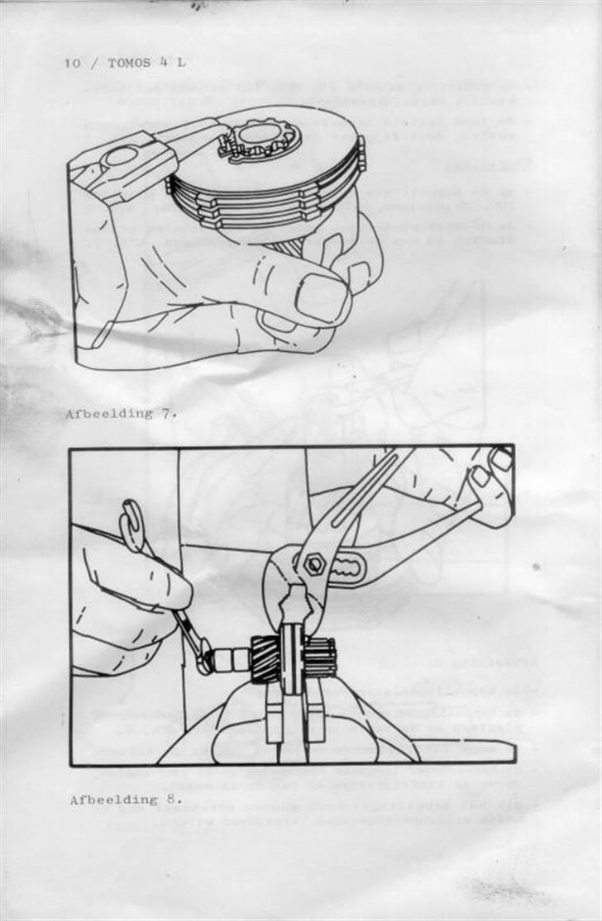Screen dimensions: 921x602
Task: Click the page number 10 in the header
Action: pyautogui.click(x=71, y=64)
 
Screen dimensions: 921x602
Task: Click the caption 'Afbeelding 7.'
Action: pyautogui.click(x=121, y=414)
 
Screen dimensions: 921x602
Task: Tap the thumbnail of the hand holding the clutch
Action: pyautogui.click(x=321, y=298)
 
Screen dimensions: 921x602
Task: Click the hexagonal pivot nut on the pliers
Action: pyautogui.click(x=314, y=566)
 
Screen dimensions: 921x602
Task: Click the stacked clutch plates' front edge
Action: pyautogui.click(x=248, y=211)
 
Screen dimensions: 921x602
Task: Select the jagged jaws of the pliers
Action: pyautogui.click(x=291, y=603)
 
